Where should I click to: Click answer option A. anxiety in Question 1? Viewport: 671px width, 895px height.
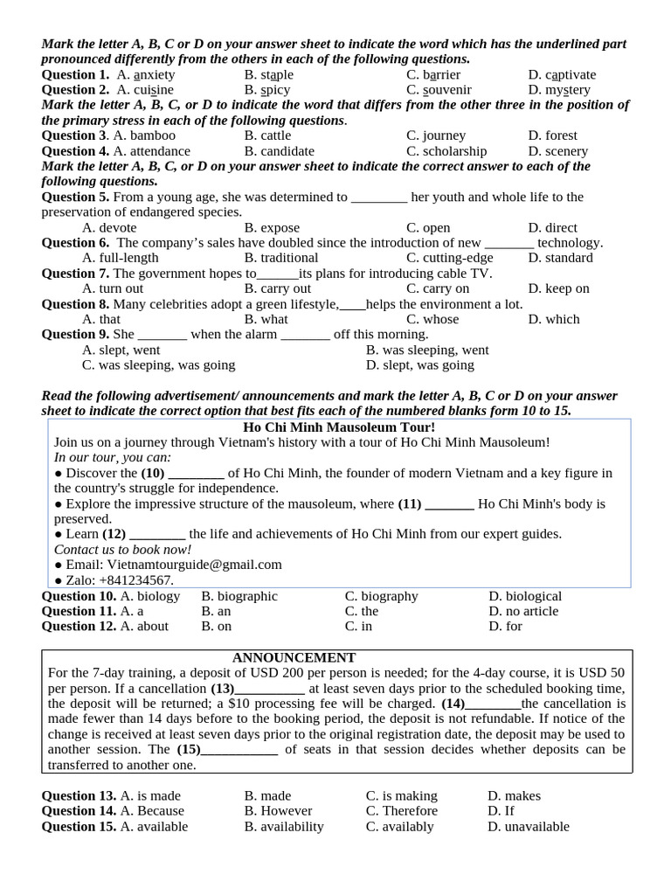click(146, 75)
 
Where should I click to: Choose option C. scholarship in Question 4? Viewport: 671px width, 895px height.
click(446, 151)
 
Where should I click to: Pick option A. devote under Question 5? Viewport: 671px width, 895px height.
click(109, 228)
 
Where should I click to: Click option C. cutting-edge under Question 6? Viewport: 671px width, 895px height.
click(449, 258)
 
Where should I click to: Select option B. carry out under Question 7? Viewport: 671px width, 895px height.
click(278, 288)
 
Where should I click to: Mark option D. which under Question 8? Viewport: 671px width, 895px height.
click(554, 319)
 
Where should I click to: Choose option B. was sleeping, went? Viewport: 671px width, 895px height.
click(427, 350)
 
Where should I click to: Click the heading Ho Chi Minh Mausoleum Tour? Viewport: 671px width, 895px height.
click(338, 427)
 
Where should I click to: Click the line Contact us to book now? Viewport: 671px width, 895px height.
click(122, 550)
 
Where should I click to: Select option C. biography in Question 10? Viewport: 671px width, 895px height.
click(382, 596)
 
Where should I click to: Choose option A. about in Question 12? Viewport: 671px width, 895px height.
click(144, 627)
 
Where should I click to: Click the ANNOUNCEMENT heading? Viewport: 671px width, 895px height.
click(294, 657)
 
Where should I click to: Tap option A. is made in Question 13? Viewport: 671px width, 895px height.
click(149, 796)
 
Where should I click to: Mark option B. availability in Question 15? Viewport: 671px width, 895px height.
click(284, 827)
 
